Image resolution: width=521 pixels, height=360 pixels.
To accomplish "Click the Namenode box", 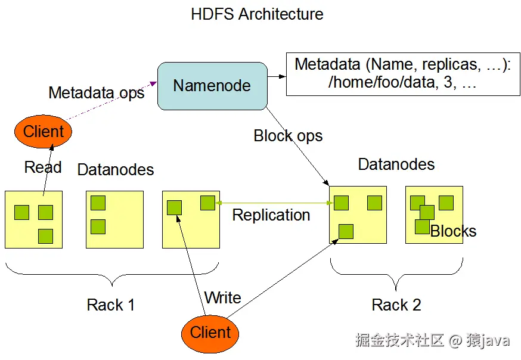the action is pyautogui.click(x=212, y=86).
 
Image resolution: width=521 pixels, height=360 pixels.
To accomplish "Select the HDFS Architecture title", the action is pyautogui.click(x=257, y=14).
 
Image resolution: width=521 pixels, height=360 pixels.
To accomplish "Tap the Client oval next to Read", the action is pyautogui.click(x=43, y=132).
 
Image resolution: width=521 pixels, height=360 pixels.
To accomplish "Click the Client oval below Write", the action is pyautogui.click(x=210, y=333).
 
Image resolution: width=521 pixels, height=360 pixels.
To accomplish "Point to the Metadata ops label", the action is pyautogui.click(x=97, y=92).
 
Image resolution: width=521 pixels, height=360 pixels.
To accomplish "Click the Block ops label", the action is pyautogui.click(x=288, y=136).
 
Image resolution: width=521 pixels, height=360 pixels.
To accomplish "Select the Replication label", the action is pyautogui.click(x=271, y=215).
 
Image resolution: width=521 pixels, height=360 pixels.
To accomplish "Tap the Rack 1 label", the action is pyautogui.click(x=111, y=305).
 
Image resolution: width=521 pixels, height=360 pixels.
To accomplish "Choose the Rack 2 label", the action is pyautogui.click(x=396, y=305).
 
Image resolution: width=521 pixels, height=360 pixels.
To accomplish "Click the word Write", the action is pyautogui.click(x=222, y=297).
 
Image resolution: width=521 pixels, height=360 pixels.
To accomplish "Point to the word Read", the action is pyautogui.click(x=43, y=167).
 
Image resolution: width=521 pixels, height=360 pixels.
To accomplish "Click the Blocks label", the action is pyautogui.click(x=453, y=231).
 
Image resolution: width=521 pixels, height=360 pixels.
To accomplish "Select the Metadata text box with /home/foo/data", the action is pyautogui.click(x=403, y=74).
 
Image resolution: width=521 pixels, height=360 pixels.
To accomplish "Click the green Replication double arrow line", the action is pyautogui.click(x=274, y=203).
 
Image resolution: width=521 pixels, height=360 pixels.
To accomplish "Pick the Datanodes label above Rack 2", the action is pyautogui.click(x=396, y=165).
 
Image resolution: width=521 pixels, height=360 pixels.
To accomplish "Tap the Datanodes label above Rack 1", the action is pyautogui.click(x=116, y=170).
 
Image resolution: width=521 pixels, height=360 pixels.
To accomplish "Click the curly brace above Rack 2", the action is pyautogui.click(x=396, y=274).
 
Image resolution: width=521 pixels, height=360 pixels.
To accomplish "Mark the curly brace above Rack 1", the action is pyautogui.click(x=112, y=274).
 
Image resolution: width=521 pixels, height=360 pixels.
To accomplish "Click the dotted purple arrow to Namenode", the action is pyautogui.click(x=111, y=101).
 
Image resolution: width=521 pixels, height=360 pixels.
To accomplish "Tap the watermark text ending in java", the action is pyautogui.click(x=432, y=340).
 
